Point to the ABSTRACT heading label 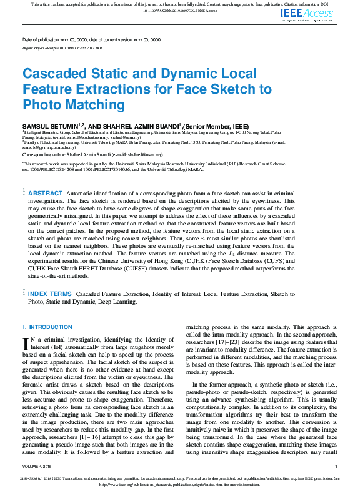pyautogui.click(x=46, y=194)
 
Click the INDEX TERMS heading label pyautogui.click(x=50, y=293)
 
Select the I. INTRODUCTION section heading pyautogui.click(x=43, y=327)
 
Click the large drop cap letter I pyautogui.click(x=26, y=343)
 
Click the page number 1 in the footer pyautogui.click(x=336, y=467)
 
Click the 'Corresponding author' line pyautogui.click(x=93, y=154)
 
